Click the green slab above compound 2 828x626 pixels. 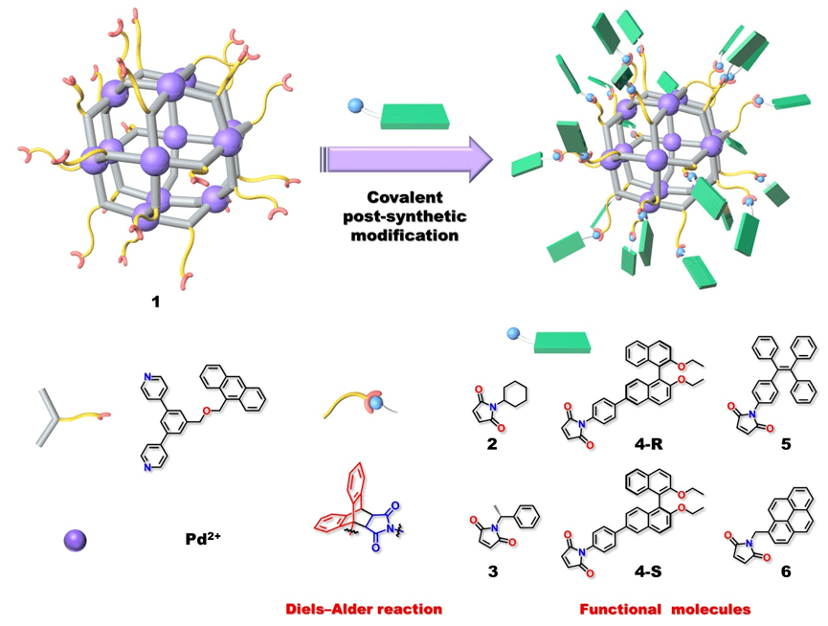coord(561,341)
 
